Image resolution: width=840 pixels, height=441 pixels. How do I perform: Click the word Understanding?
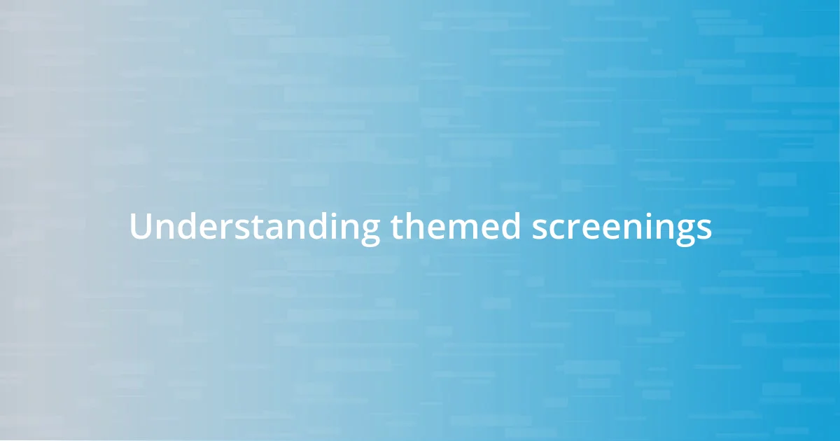[x=255, y=227]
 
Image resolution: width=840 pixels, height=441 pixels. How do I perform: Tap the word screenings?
[x=622, y=227]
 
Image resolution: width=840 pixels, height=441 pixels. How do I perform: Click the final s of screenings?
[x=704, y=229]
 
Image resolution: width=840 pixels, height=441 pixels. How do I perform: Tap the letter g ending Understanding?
[x=370, y=232]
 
